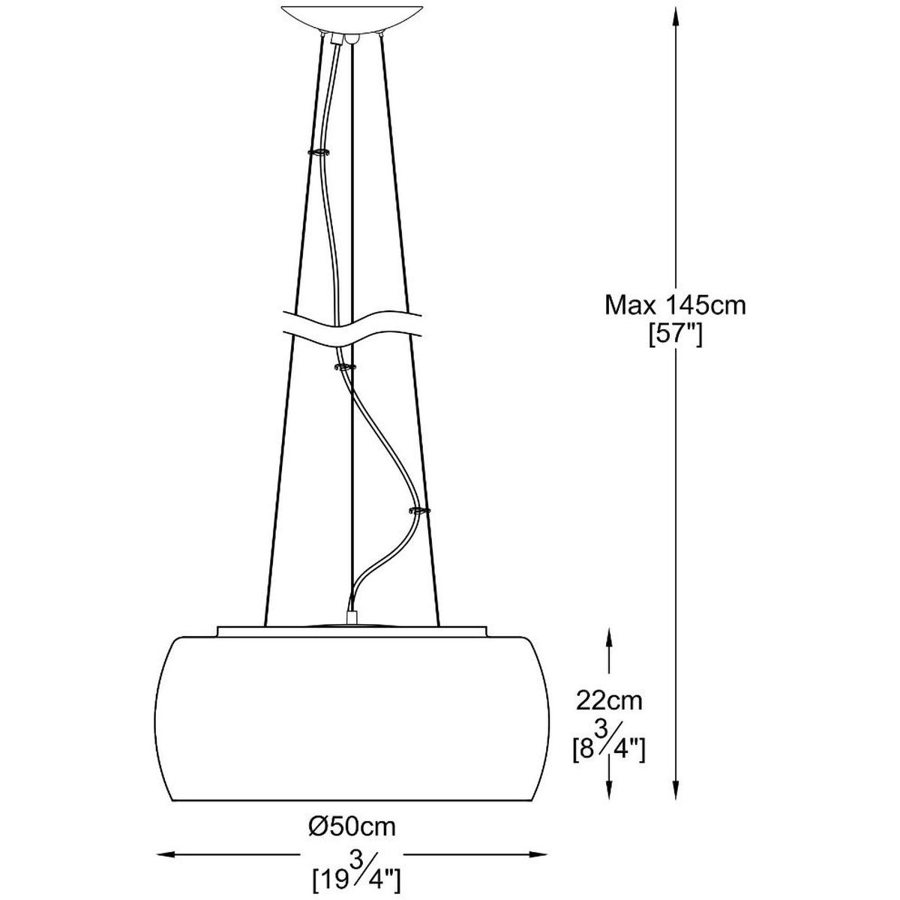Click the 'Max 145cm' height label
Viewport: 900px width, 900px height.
pyautogui.click(x=675, y=306)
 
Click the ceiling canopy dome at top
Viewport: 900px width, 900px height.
pyautogui.click(x=352, y=18)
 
